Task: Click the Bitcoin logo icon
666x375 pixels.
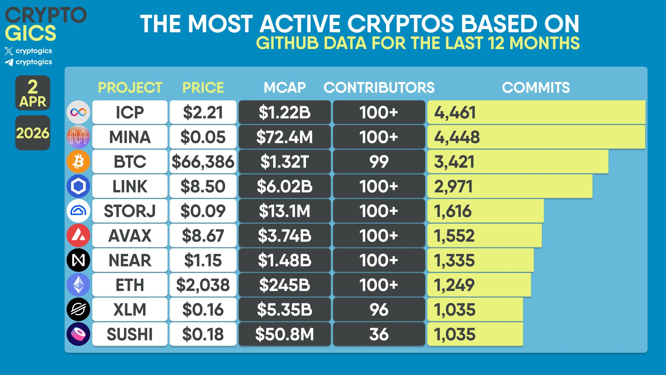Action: coord(78,161)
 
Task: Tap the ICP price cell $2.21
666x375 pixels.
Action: coord(203,112)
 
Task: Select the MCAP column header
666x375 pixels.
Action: coord(285,88)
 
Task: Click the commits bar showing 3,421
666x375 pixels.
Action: coord(518,161)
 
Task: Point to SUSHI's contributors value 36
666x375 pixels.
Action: coord(379,334)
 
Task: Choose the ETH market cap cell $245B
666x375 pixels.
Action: coord(285,285)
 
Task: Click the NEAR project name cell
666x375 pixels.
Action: coord(130,260)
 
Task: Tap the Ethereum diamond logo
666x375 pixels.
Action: coord(78,285)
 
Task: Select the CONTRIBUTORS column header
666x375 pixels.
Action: coord(379,88)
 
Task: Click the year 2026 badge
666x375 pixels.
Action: coord(33,133)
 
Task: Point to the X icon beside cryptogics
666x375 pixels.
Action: coord(9,51)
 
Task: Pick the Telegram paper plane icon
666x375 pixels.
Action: coord(9,62)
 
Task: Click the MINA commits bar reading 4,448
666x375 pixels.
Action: coord(536,137)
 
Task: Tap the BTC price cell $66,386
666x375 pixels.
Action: coord(203,161)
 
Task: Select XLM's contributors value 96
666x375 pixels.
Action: coord(379,310)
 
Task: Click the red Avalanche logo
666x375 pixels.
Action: coord(78,235)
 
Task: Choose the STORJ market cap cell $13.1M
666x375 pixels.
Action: coord(285,211)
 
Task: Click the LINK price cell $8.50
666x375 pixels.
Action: coord(203,186)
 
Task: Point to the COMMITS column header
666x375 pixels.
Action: coord(536,88)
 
